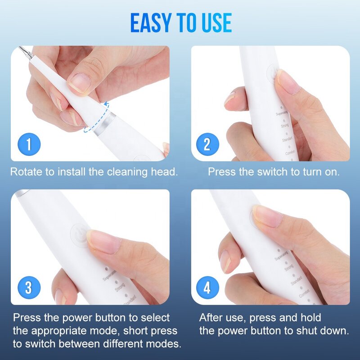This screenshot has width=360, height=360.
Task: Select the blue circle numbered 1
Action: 29,144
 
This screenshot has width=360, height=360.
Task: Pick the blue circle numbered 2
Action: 207,144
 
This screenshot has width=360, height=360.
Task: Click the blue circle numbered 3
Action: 29,288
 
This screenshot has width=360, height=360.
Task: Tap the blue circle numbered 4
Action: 207,288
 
